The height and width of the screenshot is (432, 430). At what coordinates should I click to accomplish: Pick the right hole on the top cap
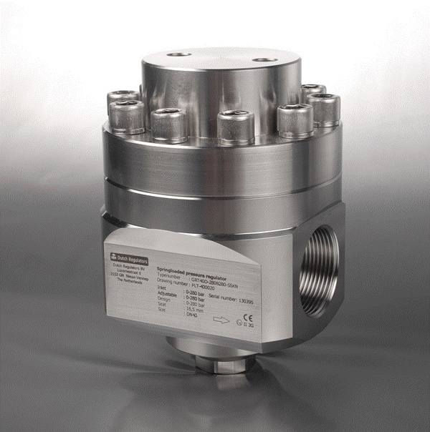(x=268, y=60)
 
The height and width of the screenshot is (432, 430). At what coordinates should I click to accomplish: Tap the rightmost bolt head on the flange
(x=325, y=109)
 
